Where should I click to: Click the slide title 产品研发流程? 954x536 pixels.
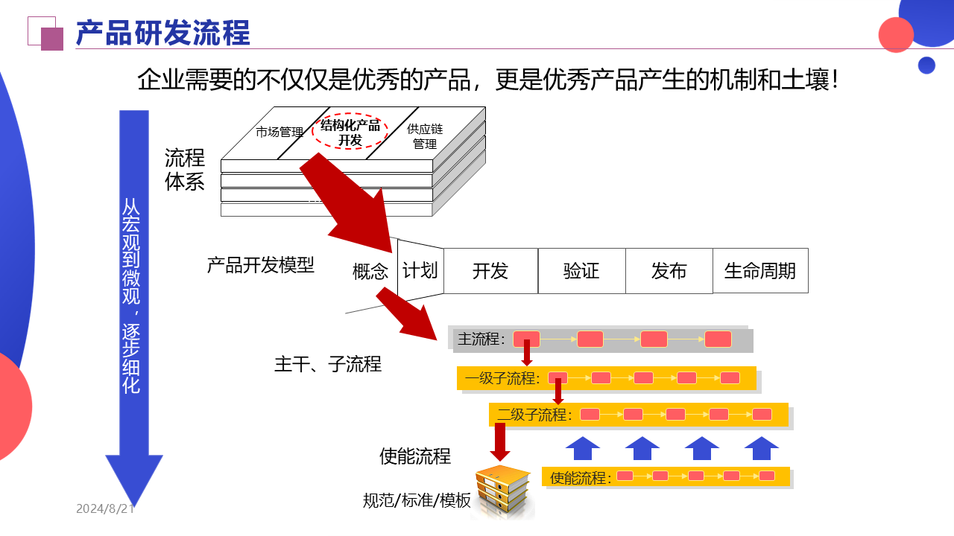pos(163,33)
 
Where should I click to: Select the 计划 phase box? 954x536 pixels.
pos(420,270)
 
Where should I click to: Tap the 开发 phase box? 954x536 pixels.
pos(490,271)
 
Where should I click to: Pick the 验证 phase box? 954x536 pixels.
pos(581,271)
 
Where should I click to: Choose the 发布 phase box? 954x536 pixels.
pos(669,271)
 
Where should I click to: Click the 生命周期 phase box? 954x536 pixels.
pos(760,271)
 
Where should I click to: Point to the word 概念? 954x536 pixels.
pos(370,272)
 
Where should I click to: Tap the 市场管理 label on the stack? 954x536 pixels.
pos(279,133)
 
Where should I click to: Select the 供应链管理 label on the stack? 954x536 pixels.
pos(425,136)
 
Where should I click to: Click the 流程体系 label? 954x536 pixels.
pos(185,170)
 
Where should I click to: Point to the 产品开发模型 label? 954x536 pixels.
pos(261,265)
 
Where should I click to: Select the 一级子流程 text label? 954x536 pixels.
pos(502,378)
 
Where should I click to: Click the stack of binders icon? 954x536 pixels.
pos(504,491)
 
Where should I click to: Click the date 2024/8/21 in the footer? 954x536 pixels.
pos(105,509)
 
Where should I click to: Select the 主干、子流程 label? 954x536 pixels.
pos(328,365)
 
